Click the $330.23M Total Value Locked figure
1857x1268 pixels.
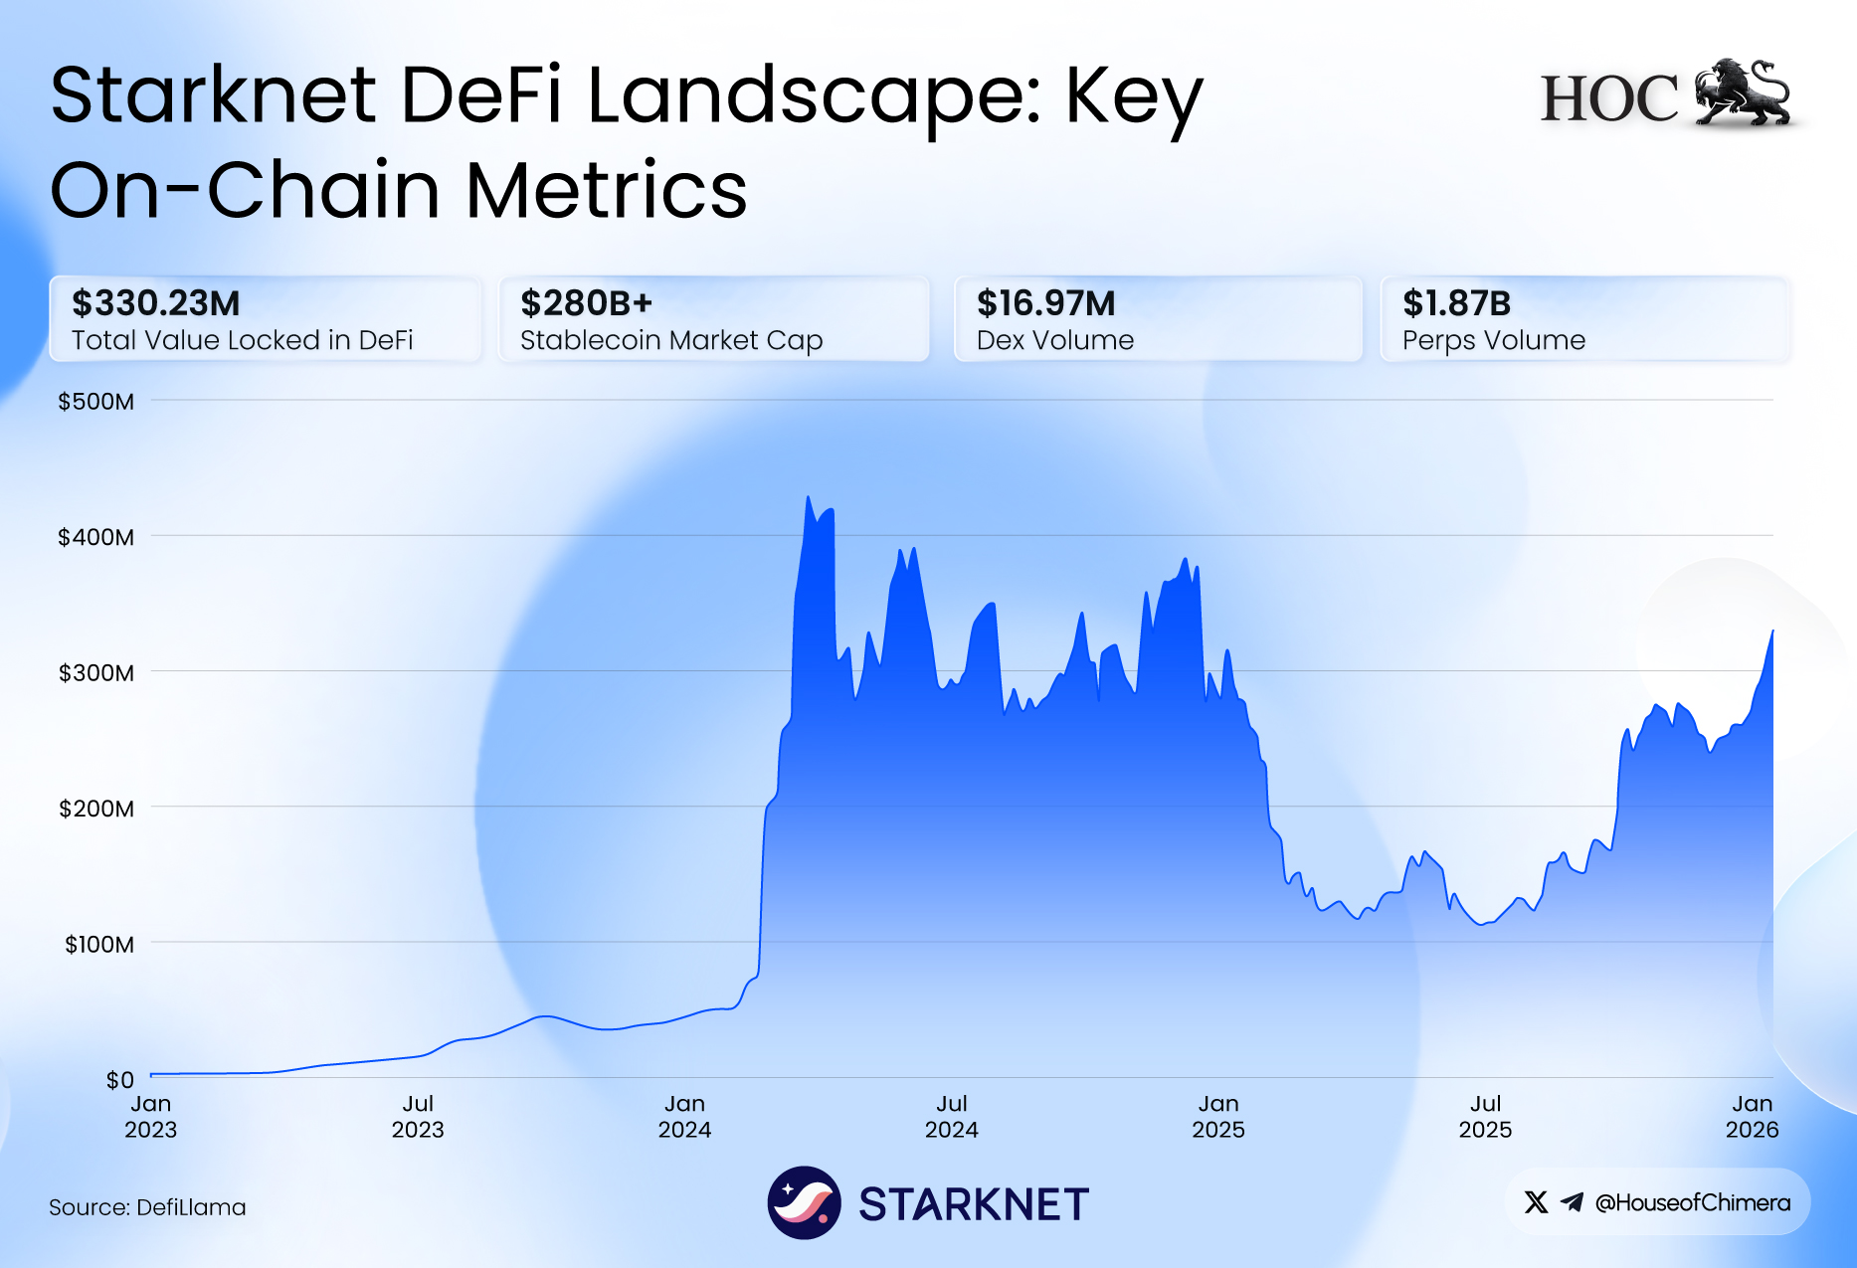(156, 303)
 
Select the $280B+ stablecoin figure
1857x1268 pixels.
(586, 303)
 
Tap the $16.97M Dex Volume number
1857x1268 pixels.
(1045, 303)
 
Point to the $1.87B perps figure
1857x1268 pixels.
(1456, 303)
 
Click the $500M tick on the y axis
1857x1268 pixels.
(95, 402)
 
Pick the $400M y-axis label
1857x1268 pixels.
(95, 538)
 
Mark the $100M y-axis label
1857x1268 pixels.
(98, 944)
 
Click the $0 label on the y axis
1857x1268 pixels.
(119, 1079)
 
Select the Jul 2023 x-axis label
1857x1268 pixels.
(418, 1117)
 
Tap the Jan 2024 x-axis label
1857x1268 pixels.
(684, 1117)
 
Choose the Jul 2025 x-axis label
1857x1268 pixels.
(1485, 1117)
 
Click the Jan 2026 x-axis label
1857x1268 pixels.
(1752, 1117)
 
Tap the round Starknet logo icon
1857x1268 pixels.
(804, 1202)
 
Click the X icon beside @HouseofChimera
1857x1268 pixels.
(1536, 1202)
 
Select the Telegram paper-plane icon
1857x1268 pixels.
(1572, 1202)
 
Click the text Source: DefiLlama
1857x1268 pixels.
(147, 1207)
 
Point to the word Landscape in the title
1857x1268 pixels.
(814, 96)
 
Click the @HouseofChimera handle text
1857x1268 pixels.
(1692, 1202)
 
